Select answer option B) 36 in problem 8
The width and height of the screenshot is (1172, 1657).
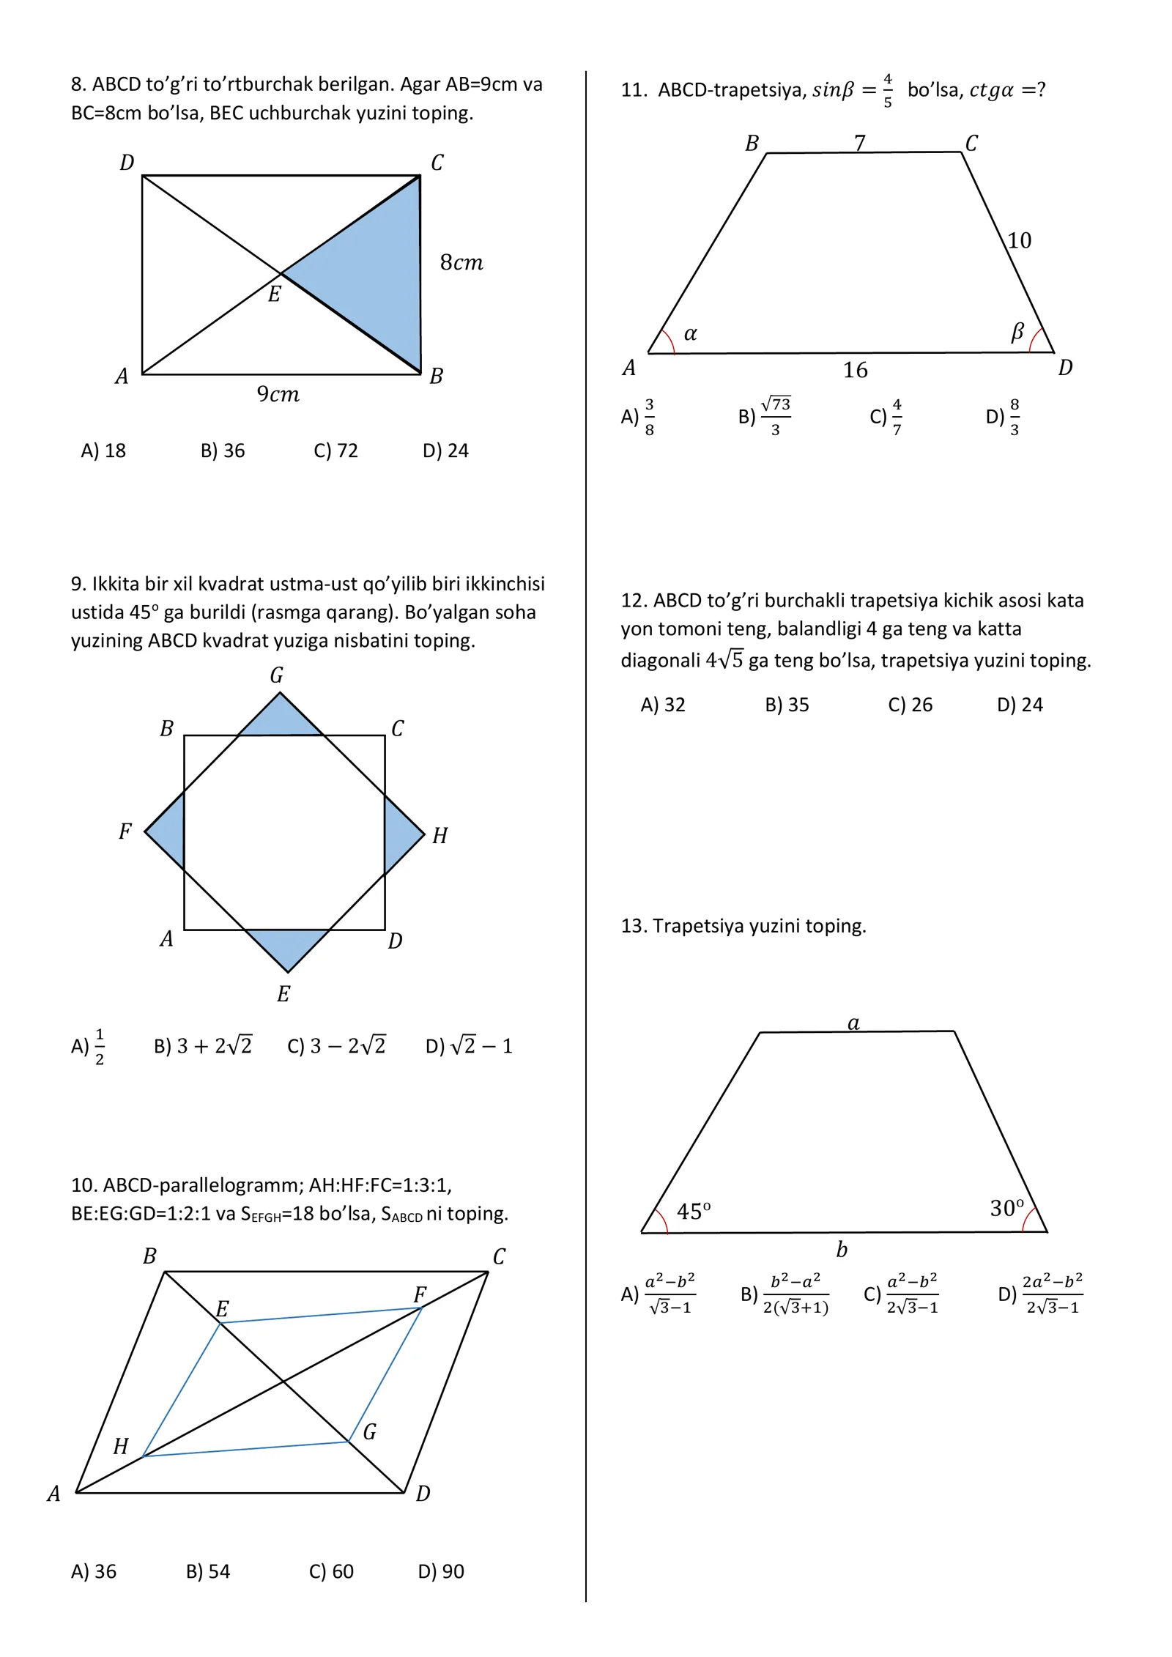coord(223,451)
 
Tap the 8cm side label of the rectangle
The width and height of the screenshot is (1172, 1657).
coord(461,262)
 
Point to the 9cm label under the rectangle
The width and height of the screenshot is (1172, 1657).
coord(278,394)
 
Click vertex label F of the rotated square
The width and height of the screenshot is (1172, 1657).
coord(125,831)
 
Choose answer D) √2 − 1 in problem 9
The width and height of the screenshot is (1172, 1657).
coord(469,1045)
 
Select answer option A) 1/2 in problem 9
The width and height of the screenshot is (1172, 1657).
coord(88,1046)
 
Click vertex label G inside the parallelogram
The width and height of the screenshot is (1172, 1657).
coord(370,1431)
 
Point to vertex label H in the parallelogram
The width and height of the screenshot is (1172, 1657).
coord(121,1446)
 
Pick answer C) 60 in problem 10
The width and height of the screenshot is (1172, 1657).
coord(331,1571)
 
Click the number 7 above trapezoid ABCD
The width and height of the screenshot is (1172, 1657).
coord(860,142)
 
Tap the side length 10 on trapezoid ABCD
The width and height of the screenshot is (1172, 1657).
coord(1019,240)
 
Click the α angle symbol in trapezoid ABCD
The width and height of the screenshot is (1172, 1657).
coord(690,334)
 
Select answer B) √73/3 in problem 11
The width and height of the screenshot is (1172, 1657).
coord(765,416)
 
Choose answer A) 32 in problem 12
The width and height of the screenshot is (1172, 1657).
coord(663,705)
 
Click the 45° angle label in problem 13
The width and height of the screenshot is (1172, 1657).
coord(693,1211)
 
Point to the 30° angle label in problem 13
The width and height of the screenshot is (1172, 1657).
coord(1006,1207)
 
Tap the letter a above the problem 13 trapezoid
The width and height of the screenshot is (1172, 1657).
coord(853,1023)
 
